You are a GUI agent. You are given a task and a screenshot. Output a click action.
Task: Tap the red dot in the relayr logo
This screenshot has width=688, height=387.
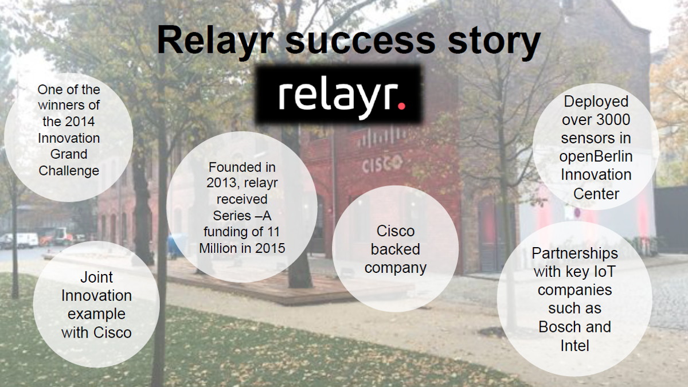tap(401, 106)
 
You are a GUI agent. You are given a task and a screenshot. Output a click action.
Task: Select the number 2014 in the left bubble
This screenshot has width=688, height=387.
tap(83, 122)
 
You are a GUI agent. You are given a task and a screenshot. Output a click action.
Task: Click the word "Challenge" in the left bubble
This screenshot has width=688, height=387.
tap(69, 171)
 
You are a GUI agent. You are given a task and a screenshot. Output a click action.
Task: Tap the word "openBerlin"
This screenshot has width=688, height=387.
tap(596, 157)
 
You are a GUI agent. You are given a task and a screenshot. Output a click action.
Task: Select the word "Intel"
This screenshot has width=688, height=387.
tap(574, 346)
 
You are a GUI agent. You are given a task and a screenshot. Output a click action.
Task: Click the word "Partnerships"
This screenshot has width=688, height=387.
tap(574, 253)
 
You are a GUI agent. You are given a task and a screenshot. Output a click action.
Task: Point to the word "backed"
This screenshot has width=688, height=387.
tap(395, 249)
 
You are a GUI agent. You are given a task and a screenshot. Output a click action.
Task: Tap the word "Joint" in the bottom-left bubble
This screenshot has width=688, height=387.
tap(96, 277)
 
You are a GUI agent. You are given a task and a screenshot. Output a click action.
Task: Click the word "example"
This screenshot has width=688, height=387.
tap(96, 315)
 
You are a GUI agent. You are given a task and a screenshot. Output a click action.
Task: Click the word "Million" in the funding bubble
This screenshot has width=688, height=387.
tap(218, 248)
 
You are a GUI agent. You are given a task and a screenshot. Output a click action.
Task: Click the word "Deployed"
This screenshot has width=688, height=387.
tap(596, 102)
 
